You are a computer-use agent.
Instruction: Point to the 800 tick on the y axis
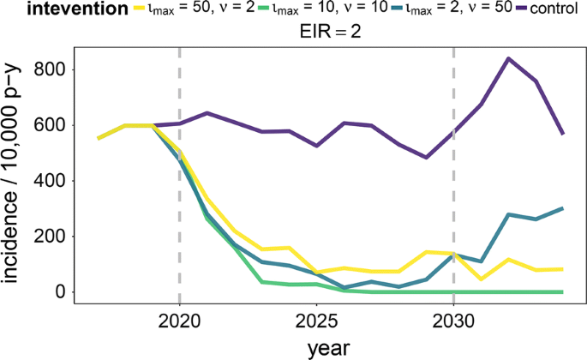tap(50, 69)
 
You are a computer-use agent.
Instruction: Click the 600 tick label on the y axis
tap(50, 125)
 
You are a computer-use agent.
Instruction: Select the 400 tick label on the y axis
tap(50, 181)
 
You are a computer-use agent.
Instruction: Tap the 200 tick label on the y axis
tap(50, 237)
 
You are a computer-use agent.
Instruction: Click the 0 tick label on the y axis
tap(61, 292)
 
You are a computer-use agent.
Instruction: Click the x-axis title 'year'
tap(330, 347)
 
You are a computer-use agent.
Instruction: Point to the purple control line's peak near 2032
tap(509, 58)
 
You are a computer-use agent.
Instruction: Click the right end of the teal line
tap(563, 208)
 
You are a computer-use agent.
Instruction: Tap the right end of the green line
tap(563, 291)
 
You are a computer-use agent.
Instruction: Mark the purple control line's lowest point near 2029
tap(426, 158)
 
